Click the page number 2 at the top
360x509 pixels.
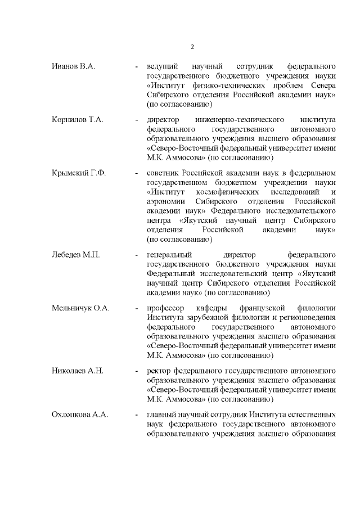click(x=192, y=47)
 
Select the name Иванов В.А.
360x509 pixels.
click(x=74, y=66)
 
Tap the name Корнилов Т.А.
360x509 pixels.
click(x=78, y=119)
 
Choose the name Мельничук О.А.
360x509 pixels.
click(x=80, y=308)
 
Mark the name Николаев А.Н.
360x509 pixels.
click(x=78, y=370)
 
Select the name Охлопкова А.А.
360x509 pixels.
click(x=80, y=414)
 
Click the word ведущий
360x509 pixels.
click(x=163, y=66)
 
